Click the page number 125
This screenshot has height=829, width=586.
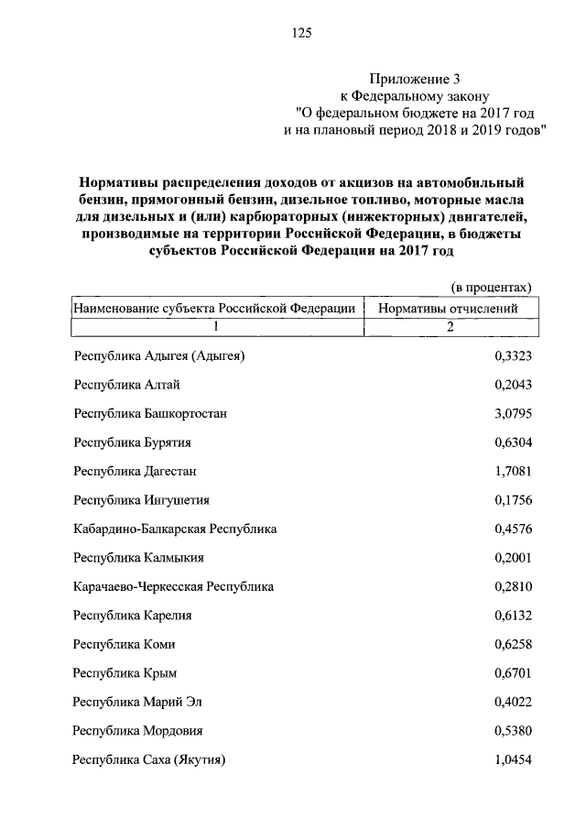[x=301, y=33]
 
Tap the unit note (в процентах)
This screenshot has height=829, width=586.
[x=493, y=287]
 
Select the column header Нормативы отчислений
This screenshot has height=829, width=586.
[x=448, y=309]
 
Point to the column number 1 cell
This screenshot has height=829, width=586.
[x=216, y=327]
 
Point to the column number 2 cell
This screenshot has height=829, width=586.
[x=450, y=327]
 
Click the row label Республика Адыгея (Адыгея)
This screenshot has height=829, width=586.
[x=159, y=356]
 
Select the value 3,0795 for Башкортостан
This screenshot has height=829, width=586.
[x=513, y=414]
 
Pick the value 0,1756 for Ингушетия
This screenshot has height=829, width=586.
[x=513, y=500]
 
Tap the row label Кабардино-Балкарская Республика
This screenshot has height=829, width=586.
[x=175, y=529]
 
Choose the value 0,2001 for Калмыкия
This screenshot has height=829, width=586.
[x=513, y=558]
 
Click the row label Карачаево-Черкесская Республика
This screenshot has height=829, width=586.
[x=173, y=586]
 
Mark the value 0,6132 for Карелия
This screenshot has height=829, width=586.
[x=513, y=616]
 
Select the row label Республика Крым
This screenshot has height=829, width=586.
[x=125, y=673]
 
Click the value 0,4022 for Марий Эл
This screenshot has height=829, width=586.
[x=513, y=703]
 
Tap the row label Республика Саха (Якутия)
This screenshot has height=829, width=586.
[x=149, y=760]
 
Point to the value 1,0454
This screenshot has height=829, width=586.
[x=513, y=760]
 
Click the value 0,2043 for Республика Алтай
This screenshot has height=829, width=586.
[x=513, y=385]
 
